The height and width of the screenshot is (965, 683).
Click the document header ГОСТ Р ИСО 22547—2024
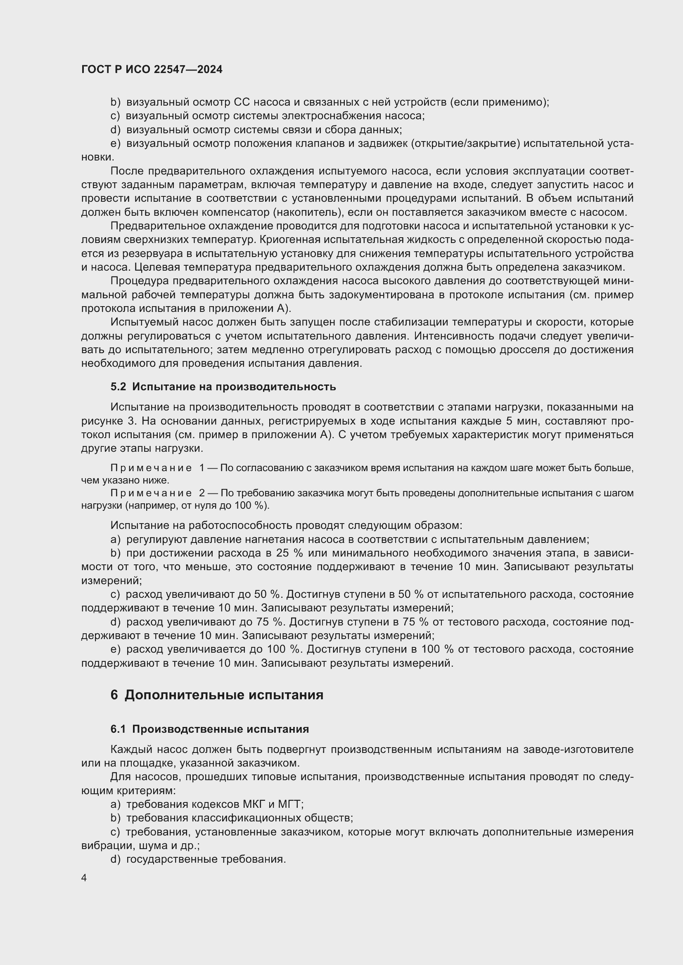point(152,70)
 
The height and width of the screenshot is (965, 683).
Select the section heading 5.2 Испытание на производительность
point(223,387)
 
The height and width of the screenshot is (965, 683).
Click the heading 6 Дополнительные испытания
point(217,695)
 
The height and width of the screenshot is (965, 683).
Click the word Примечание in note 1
point(151,468)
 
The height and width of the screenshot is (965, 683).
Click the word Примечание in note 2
point(151,493)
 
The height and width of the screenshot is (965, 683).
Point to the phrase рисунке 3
point(109,421)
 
